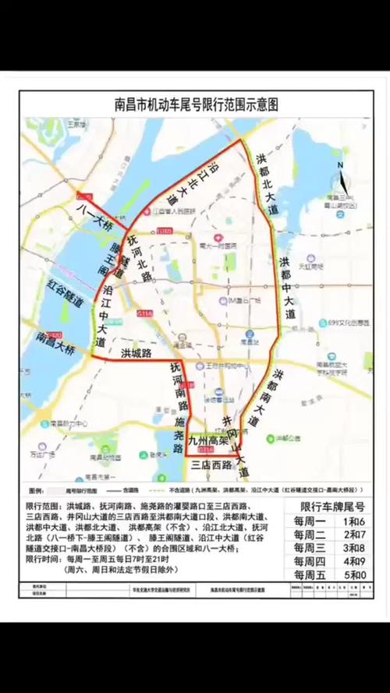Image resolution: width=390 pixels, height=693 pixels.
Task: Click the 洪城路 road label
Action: [x=136, y=352]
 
